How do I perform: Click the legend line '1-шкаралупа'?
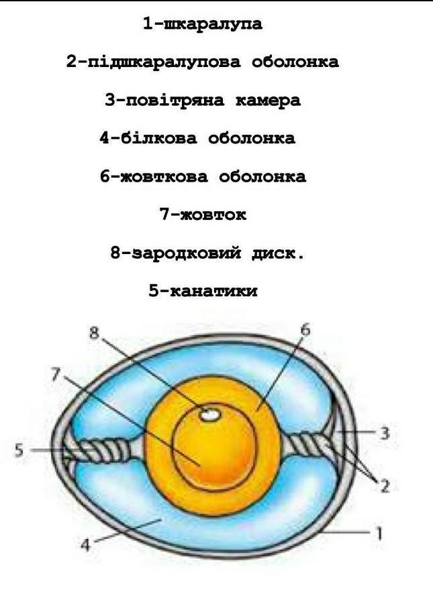tap(202, 25)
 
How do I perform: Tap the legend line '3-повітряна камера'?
tap(202, 101)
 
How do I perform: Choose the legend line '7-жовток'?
tap(203, 215)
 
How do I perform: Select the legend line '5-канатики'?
tap(203, 292)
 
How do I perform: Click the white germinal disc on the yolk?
tap(211, 415)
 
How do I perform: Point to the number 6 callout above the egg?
tap(305, 330)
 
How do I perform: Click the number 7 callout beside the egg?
tap(55, 374)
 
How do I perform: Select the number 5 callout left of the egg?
tap(19, 450)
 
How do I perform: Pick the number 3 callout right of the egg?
tap(384, 433)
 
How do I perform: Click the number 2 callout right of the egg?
tap(385, 485)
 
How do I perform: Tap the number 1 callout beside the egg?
tap(379, 534)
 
